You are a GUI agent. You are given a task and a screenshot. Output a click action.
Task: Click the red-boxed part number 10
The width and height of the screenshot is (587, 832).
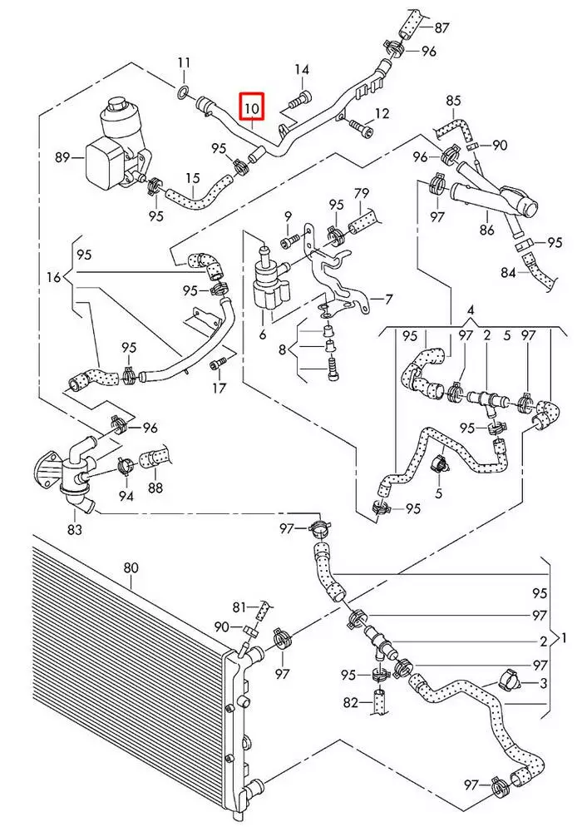click(252, 106)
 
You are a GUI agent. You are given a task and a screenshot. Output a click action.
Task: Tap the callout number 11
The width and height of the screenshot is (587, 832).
click(185, 62)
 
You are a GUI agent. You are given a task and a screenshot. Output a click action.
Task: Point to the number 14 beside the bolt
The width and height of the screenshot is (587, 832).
click(301, 70)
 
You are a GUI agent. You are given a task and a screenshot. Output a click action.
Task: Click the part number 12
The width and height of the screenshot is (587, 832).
click(382, 113)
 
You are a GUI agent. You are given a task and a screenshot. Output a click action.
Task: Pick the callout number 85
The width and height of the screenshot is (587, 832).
click(452, 101)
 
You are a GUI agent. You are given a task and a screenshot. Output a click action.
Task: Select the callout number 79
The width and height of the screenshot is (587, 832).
click(363, 194)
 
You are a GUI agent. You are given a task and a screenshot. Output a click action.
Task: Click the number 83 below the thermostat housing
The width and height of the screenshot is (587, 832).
click(75, 528)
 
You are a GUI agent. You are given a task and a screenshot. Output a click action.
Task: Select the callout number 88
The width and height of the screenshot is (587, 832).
click(155, 488)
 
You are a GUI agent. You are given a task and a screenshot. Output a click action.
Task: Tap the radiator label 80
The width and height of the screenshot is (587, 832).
click(131, 568)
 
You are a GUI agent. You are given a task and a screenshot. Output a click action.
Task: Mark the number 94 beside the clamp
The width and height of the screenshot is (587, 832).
click(126, 496)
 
